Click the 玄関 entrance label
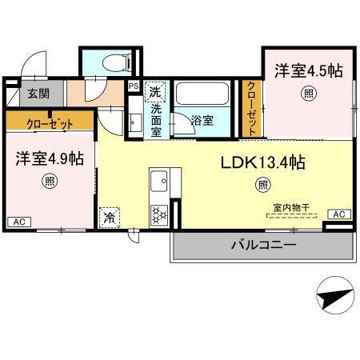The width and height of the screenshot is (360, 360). pyautogui.click(x=38, y=93)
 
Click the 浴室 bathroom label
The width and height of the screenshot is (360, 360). pyautogui.click(x=202, y=122)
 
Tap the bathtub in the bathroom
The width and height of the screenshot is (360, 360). pyautogui.click(x=205, y=96)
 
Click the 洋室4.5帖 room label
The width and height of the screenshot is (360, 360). pyautogui.click(x=310, y=70)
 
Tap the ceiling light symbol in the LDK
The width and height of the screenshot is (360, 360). pyautogui.click(x=262, y=186)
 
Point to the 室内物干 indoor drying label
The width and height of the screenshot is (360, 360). pyautogui.click(x=289, y=207)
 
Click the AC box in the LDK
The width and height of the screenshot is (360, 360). pyautogui.click(x=338, y=214)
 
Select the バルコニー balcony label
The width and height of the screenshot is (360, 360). pyautogui.click(x=264, y=244)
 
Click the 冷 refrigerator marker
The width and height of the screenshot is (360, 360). pyautogui.click(x=108, y=216)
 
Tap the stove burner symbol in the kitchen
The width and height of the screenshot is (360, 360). pyautogui.click(x=159, y=214)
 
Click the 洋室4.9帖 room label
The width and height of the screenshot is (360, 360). pyautogui.click(x=49, y=158)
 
